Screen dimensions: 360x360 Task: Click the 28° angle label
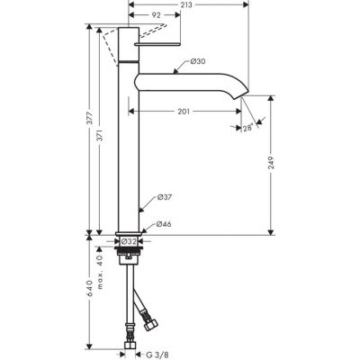click(247, 129)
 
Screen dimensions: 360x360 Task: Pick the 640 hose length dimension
click(91, 292)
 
